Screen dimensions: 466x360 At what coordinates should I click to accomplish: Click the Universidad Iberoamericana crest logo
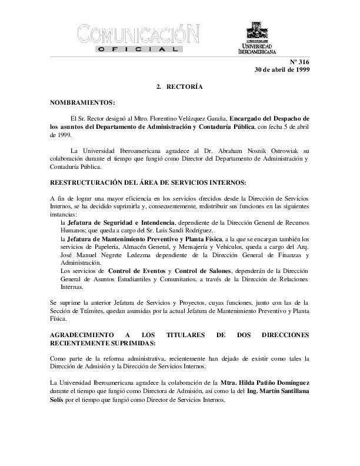[x=257, y=31]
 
